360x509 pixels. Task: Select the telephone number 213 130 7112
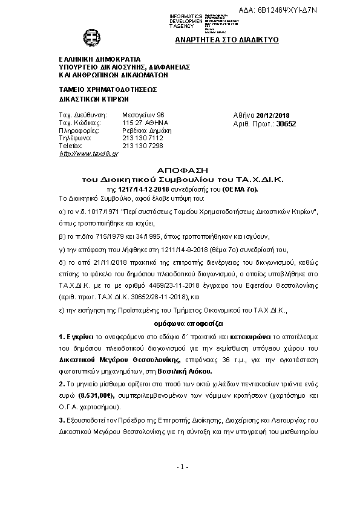[x=142, y=138]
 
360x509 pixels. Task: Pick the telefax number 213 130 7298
[x=142, y=146]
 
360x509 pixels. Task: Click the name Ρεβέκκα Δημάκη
[x=147, y=130]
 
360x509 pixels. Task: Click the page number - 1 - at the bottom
[x=184, y=484]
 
